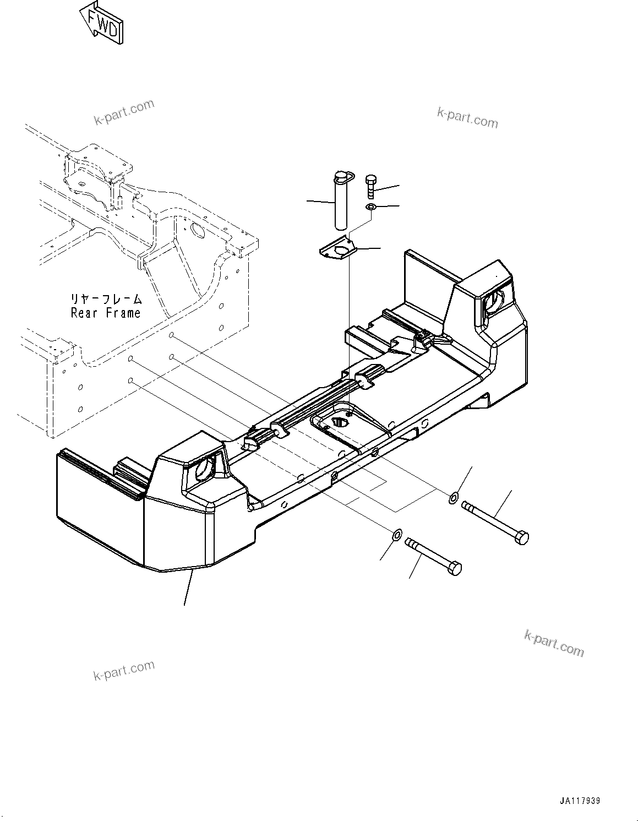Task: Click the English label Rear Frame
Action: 106,313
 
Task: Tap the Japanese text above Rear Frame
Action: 106,299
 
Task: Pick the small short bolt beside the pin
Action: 372,187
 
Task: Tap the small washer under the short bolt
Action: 371,207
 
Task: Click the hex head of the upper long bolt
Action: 521,536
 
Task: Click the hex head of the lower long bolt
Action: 455,568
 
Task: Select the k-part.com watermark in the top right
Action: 467,117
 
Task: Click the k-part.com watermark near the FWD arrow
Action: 124,112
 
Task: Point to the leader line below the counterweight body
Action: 188,588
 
